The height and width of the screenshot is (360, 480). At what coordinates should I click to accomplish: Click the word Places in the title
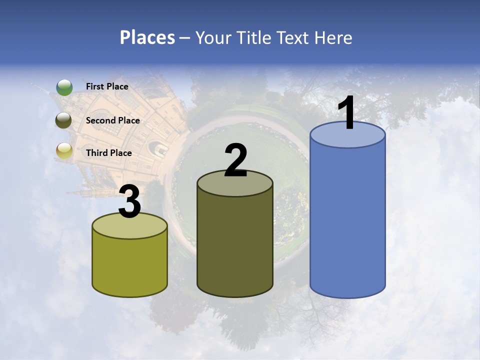tap(147, 37)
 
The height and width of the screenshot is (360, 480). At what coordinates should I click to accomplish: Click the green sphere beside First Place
tap(64, 87)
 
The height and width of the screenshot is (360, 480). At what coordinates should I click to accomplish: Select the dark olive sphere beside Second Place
tap(63, 120)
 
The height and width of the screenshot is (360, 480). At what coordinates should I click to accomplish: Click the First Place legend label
tap(107, 86)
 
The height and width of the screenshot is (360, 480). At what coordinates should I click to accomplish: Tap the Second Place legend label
tap(112, 120)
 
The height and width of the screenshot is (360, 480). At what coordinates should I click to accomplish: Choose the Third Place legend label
tap(108, 153)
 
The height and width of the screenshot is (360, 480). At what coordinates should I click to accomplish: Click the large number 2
tap(235, 160)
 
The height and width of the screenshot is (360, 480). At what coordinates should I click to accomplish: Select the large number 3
tap(130, 202)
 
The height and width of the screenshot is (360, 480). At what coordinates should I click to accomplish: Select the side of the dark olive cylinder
tap(235, 245)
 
